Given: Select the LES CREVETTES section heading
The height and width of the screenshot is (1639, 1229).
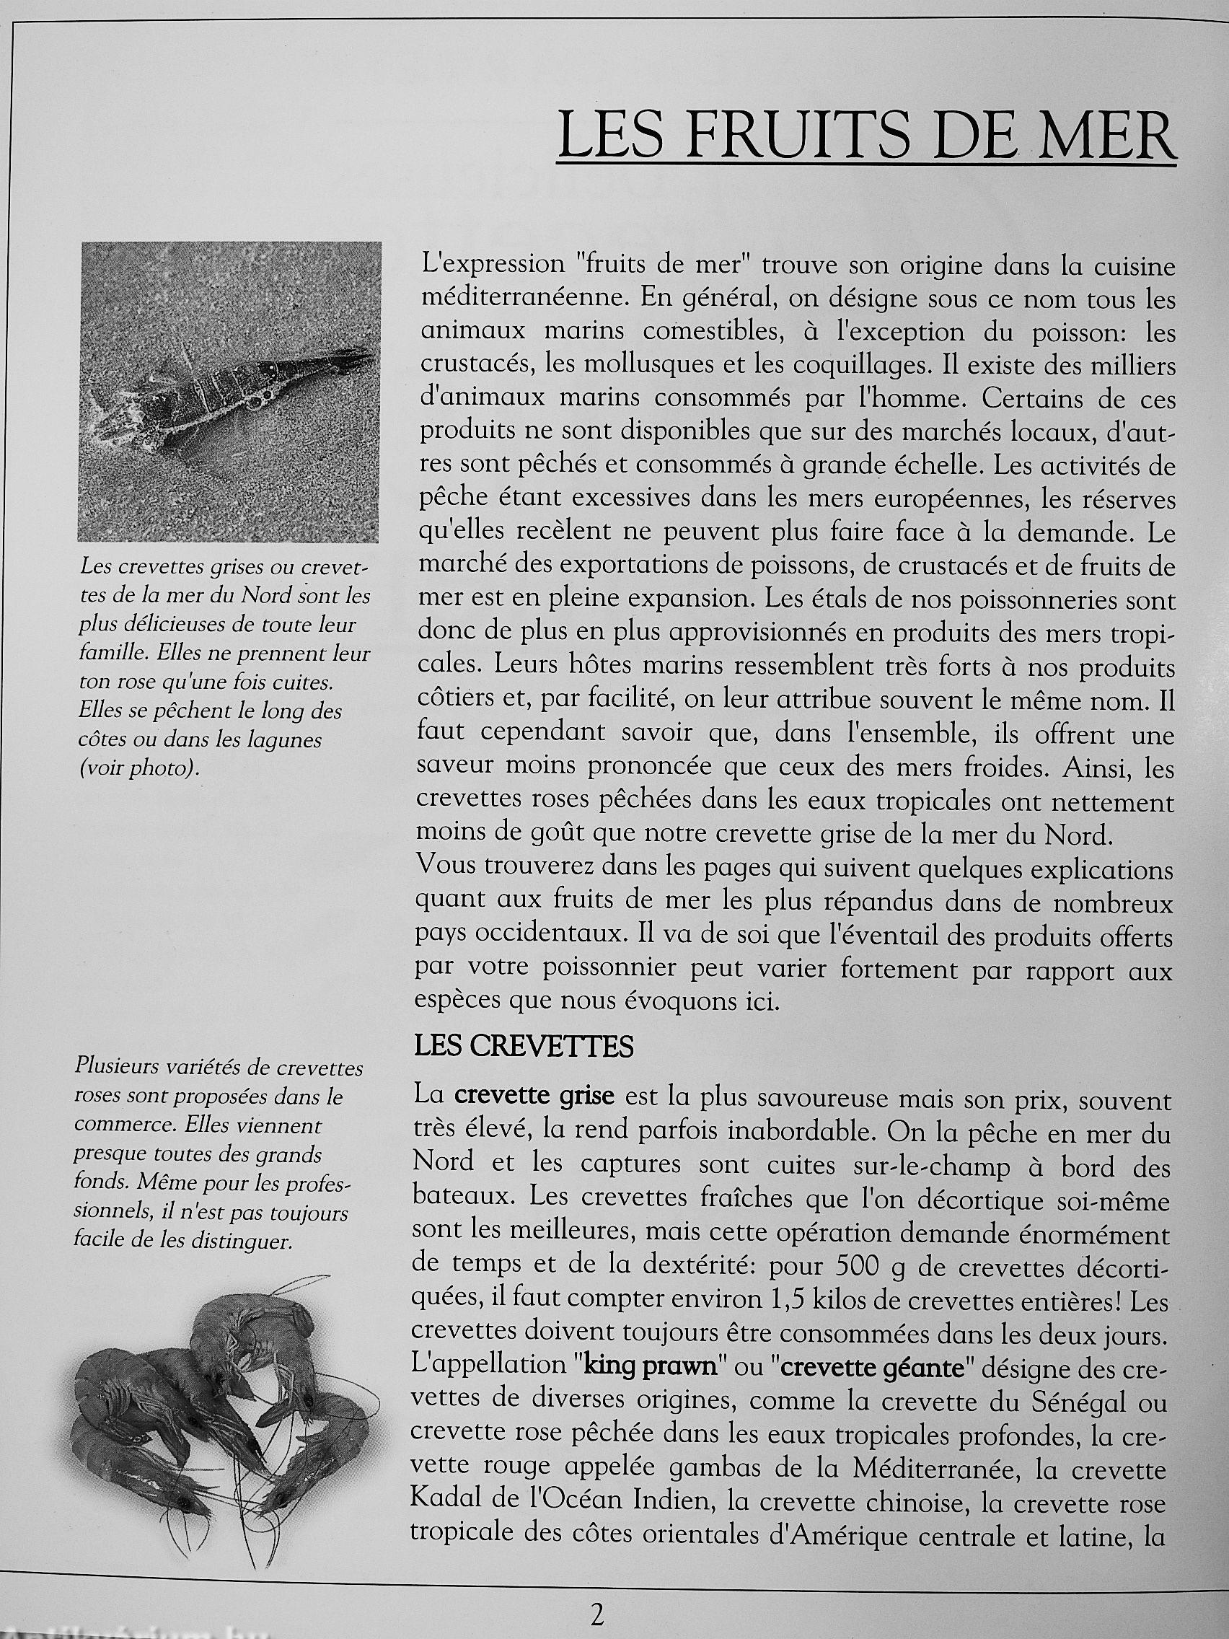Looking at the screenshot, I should (x=524, y=1046).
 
